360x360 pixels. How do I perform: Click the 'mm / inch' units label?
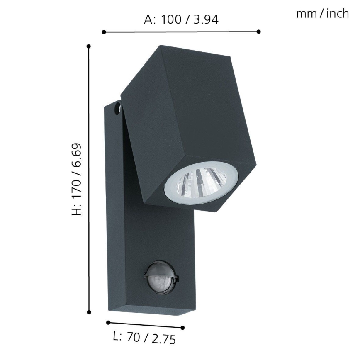pyautogui.click(x=322, y=14)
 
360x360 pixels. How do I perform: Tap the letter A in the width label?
pyautogui.click(x=148, y=19)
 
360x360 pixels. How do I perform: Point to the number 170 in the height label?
pyautogui.click(x=76, y=189)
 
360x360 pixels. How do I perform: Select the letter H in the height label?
pyautogui.click(x=76, y=211)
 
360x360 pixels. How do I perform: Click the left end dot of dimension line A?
pyautogui.click(x=104, y=32)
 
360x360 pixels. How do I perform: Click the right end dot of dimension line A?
pyautogui.click(x=258, y=32)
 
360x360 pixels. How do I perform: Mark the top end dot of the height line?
pyautogui.click(x=89, y=46)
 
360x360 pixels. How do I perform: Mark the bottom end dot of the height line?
pyautogui.click(x=89, y=312)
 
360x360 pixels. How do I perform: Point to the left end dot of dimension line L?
pyautogui.click(x=108, y=322)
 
